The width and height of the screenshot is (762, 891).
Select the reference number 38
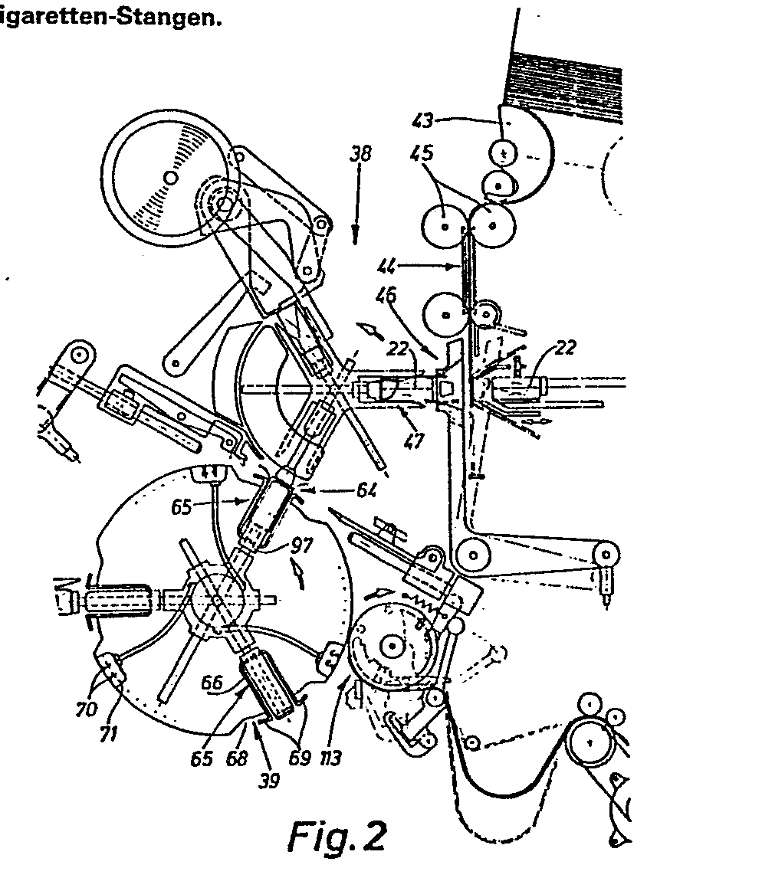(360, 154)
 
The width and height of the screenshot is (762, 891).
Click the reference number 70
(85, 709)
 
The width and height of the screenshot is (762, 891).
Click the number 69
(298, 758)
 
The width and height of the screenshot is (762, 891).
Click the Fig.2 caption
(338, 836)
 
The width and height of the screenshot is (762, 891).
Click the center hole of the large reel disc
(172, 176)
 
